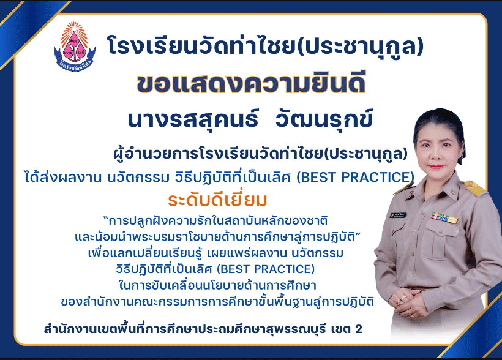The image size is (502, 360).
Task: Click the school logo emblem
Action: [75, 47]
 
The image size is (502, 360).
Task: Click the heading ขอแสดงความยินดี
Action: [251, 84]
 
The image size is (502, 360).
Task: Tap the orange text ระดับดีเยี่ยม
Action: [217, 200]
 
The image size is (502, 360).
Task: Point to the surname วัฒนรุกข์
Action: [324, 119]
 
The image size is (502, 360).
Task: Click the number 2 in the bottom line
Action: [358, 329]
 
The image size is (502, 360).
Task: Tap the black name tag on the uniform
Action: [398, 215]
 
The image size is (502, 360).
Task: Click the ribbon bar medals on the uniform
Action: [444, 217]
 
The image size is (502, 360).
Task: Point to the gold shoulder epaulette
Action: [475, 188]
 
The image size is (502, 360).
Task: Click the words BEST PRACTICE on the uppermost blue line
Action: [355, 177]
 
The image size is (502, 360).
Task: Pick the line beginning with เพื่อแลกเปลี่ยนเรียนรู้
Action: [215, 253]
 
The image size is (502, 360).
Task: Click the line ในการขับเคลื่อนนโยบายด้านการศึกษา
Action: [217, 285]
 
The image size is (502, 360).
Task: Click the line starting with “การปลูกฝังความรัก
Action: [215, 220]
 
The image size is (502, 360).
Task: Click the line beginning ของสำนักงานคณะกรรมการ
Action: [217, 301]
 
